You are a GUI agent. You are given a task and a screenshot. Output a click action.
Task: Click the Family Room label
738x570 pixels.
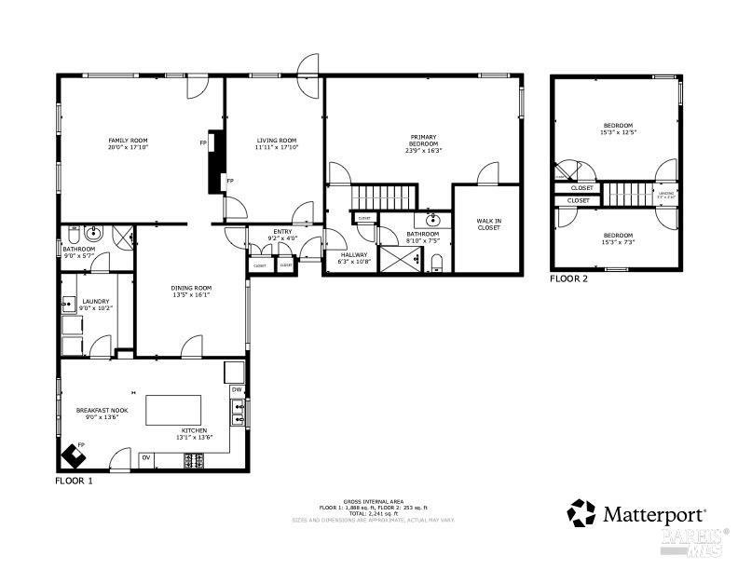pos(128,140)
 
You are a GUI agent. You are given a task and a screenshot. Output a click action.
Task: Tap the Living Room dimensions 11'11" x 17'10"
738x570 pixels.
pos(276,147)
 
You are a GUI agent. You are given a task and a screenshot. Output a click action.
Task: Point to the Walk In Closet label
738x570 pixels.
pos(488,224)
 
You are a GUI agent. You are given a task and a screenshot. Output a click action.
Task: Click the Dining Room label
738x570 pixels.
pos(191,288)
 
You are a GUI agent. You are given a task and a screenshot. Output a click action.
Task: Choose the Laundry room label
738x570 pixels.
pos(96,301)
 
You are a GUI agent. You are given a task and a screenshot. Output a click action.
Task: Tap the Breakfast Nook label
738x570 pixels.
pos(102,410)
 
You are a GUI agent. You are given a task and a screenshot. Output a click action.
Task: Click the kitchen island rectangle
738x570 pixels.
pos(173,410)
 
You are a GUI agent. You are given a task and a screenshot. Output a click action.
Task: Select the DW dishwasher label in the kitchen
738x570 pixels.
pos(237,389)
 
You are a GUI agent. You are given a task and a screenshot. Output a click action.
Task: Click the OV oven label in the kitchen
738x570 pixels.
pos(146,457)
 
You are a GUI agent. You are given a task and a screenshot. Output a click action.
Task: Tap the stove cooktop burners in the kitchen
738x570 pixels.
pos(196,459)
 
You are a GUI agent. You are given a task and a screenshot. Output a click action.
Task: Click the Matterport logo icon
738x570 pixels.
pos(581,512)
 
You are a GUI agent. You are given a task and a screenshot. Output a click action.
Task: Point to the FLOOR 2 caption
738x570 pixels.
pos(569,278)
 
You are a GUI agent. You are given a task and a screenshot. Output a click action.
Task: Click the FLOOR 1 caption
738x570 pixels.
pos(75,482)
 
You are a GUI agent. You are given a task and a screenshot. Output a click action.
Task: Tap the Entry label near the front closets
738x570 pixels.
pos(282,231)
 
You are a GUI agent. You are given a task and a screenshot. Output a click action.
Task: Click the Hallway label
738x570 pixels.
pos(353,254)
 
